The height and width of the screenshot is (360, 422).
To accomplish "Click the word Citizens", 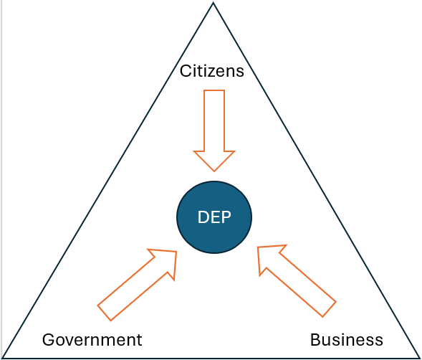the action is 212,71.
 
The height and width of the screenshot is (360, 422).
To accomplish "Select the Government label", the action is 92,339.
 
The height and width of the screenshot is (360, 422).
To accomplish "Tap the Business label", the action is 347,339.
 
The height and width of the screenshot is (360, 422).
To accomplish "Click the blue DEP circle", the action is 214,217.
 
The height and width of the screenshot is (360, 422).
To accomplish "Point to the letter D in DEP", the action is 203,217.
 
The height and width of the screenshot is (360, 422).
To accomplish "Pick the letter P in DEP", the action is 226,217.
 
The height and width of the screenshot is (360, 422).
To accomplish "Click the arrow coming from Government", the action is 138,284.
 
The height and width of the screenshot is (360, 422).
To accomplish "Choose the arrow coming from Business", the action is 297,281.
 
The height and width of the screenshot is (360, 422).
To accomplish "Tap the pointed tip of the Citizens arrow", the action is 214,171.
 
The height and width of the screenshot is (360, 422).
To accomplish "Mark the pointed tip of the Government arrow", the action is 176,252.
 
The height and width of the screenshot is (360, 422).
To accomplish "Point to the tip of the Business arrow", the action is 258,247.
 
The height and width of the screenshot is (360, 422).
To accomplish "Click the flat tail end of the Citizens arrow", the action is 214,90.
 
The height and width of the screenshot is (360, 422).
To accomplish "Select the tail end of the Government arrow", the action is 104,313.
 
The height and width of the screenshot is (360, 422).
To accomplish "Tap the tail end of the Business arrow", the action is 329,309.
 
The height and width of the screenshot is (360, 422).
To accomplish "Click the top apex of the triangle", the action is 214,2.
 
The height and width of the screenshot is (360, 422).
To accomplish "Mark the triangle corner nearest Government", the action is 3,358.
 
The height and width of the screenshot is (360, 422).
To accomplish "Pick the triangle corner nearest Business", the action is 420,358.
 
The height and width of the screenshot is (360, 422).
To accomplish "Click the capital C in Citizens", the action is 186,71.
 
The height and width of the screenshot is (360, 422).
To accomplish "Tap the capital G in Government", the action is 49,339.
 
